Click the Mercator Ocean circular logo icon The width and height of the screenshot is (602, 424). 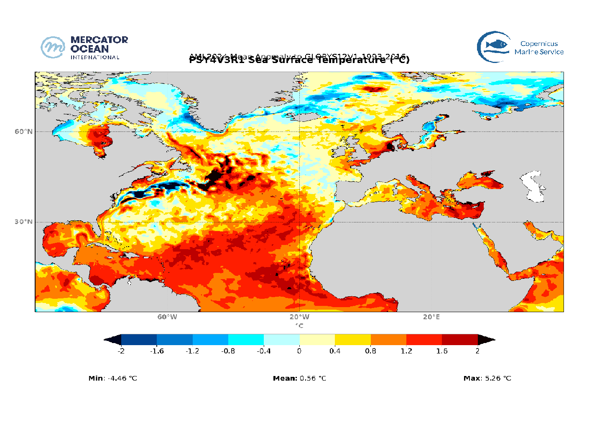pos(53,47)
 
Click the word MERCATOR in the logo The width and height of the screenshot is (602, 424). pos(99,40)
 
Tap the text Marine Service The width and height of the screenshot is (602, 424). pos(539,52)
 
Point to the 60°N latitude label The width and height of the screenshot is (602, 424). pos(23,131)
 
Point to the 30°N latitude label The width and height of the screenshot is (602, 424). pos(23,222)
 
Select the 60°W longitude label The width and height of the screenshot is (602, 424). pos(167,317)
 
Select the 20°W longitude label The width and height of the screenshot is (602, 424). pos(299,317)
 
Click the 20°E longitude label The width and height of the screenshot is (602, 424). pos(431,317)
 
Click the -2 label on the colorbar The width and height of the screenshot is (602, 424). pos(121,351)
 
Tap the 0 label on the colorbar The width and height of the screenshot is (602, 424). pos(299,351)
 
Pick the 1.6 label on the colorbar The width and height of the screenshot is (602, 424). pos(442,351)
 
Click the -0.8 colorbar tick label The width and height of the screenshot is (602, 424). pos(228,351)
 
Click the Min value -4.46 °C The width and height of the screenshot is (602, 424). pos(122,378)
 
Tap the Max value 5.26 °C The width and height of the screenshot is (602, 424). pos(496,378)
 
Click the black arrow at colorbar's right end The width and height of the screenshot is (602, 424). pos(486,339)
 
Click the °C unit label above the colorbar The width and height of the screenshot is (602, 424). pos(299,326)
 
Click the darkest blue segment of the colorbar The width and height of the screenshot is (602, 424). pos(139,339)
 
